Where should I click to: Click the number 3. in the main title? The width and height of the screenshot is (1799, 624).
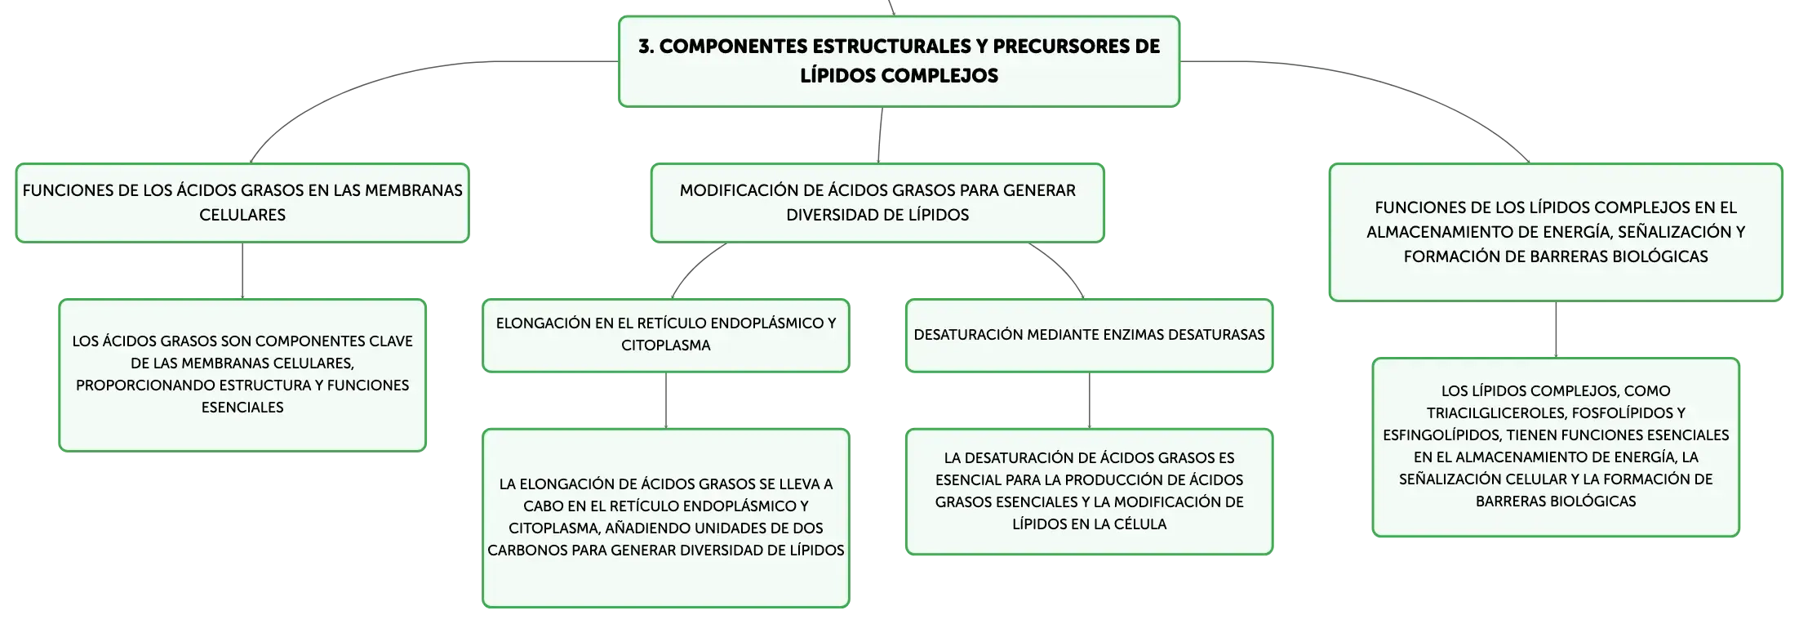coord(646,47)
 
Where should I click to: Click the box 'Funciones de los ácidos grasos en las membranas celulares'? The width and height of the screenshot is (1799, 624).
coord(242,203)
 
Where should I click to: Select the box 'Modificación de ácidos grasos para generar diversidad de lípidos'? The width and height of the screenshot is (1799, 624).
coord(877,203)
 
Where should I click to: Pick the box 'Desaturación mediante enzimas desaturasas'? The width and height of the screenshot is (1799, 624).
coord(1089,335)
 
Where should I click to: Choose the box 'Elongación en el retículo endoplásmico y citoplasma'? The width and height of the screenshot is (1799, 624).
coord(666,335)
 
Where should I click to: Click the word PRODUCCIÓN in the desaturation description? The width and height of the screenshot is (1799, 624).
coord(1123,480)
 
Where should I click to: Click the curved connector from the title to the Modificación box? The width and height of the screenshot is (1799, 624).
coord(880,135)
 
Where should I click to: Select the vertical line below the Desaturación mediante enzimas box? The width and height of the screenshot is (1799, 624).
coord(1090,400)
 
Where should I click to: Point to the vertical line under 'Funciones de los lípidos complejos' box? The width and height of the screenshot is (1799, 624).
coord(1556,329)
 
